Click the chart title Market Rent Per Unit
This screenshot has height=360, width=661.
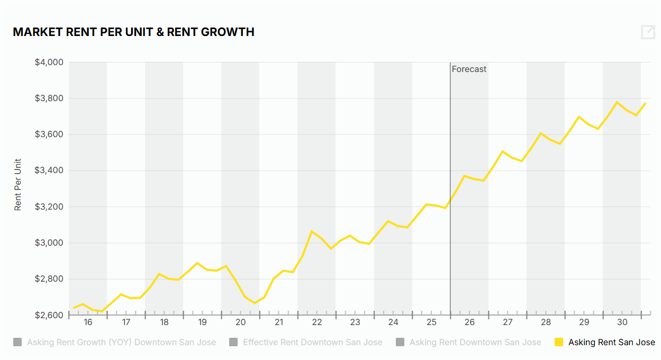133,32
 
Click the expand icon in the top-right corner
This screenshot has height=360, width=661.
648,32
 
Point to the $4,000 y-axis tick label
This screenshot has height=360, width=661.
49,62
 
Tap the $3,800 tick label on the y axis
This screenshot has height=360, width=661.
49,98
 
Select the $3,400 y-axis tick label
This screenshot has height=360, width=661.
49,170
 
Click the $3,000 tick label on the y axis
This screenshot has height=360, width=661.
49,243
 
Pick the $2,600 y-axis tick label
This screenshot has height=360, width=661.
49,316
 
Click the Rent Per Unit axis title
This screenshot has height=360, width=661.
18,184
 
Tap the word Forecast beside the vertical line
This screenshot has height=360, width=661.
469,69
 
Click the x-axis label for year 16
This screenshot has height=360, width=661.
88,322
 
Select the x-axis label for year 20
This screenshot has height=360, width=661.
240,322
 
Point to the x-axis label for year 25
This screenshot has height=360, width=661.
431,322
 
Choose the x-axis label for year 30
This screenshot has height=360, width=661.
622,322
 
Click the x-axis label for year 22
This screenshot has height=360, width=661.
317,322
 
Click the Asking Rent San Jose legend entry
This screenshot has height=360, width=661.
611,343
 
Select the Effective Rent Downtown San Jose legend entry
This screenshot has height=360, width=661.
312,343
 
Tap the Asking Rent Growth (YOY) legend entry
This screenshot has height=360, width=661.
121,343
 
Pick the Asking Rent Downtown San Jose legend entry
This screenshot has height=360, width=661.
475,343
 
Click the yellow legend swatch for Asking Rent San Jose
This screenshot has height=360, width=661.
558,343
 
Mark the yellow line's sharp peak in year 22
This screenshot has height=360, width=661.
312,231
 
